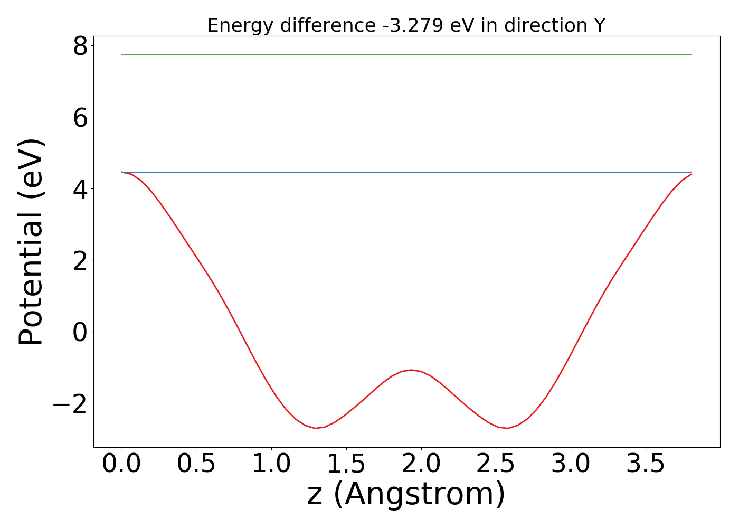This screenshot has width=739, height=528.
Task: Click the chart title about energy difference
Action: (406, 25)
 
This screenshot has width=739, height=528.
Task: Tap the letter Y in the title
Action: (599, 25)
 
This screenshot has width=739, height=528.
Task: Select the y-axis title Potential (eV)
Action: (32, 242)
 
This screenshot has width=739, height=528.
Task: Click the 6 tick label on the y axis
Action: (81, 118)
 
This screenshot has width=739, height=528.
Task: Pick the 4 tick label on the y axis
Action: (81, 189)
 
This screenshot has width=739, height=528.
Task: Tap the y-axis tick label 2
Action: (81, 260)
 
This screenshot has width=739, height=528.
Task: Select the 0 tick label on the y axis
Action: (81, 332)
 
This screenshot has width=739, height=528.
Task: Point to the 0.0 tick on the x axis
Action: (122, 464)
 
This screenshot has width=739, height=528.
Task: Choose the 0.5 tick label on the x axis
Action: (196, 464)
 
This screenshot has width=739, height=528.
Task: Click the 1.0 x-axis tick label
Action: (271, 464)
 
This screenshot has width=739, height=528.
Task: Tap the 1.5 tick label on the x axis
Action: (346, 464)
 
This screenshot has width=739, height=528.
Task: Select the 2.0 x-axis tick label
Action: (421, 464)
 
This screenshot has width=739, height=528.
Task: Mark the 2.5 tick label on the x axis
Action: (496, 464)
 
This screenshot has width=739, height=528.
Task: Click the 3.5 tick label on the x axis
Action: (646, 464)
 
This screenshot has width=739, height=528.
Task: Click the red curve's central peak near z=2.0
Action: (411, 370)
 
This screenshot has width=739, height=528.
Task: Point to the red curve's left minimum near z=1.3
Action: (315, 428)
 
